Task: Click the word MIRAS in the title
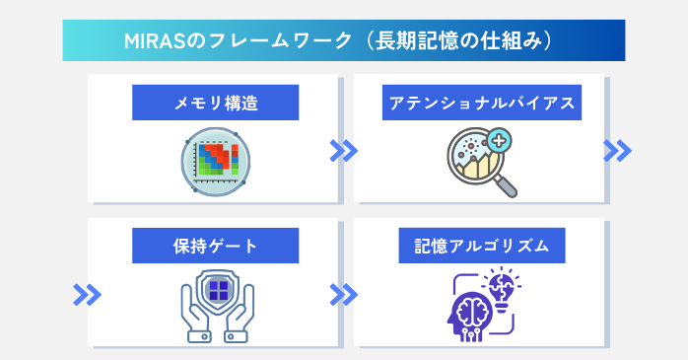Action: tap(155, 41)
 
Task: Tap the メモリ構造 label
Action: tap(215, 102)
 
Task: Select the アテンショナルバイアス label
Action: tap(482, 102)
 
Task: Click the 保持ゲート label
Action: tap(215, 246)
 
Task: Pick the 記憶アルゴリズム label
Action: tap(482, 246)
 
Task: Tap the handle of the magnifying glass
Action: tap(506, 182)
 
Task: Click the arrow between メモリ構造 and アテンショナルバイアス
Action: tap(343, 150)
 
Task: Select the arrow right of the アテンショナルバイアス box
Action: tap(616, 150)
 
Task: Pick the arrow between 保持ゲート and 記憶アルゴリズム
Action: tap(343, 294)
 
